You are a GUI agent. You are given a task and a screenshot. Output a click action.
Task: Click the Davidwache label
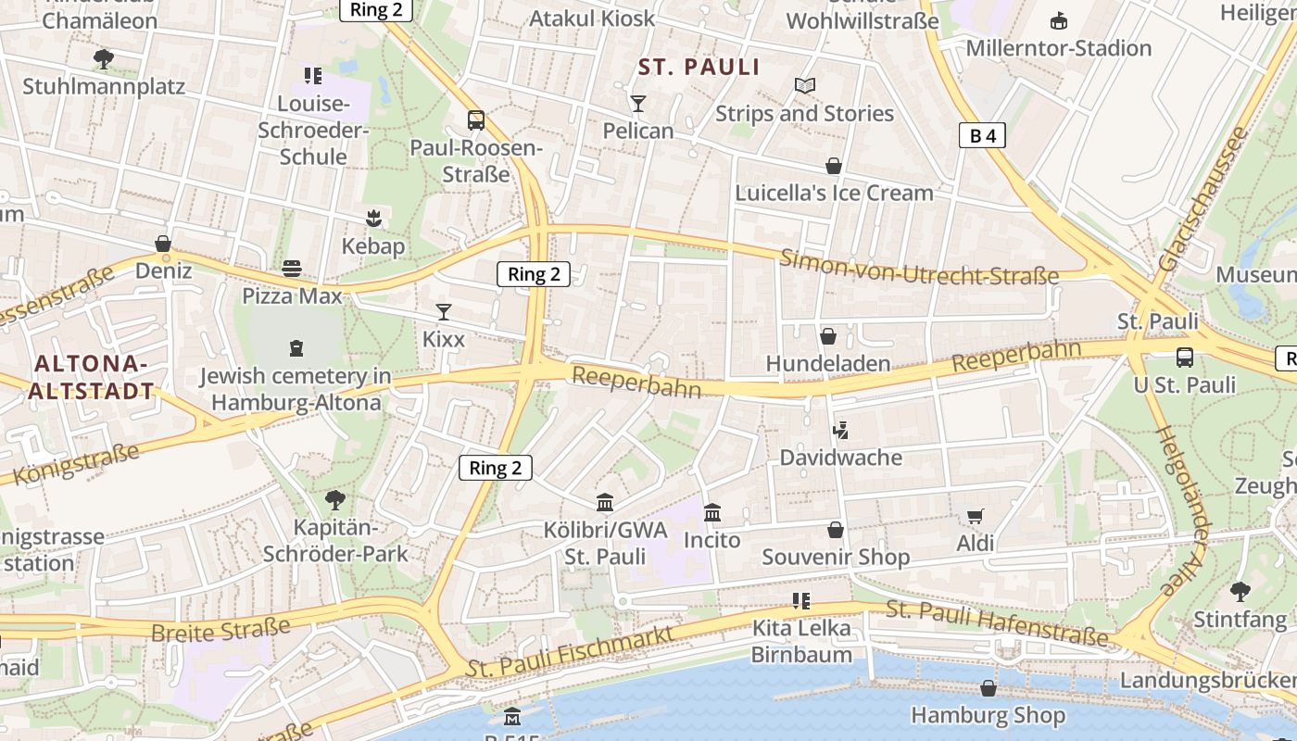(840, 458)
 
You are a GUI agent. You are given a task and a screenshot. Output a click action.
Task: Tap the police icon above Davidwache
(840, 430)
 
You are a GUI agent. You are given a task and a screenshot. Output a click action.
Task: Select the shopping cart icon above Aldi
(975, 516)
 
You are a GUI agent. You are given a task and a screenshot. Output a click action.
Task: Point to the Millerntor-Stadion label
(1058, 48)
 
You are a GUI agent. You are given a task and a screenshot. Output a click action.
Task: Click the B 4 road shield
(981, 136)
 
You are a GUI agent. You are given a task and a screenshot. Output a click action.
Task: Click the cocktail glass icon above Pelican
(637, 103)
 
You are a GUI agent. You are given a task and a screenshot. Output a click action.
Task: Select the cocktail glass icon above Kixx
(444, 312)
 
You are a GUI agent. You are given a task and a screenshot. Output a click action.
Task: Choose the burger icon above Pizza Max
(292, 269)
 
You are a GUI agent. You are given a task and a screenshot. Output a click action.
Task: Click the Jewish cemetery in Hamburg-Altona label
(296, 389)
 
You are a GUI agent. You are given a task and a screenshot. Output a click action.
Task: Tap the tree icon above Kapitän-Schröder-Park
(335, 500)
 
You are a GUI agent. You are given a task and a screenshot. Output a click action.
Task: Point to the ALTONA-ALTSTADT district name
(91, 377)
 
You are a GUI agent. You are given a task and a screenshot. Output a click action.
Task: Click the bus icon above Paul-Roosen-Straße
(475, 120)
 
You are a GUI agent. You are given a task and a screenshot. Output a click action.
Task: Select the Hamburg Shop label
(988, 715)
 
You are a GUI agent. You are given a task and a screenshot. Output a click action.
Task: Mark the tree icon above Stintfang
(1240, 591)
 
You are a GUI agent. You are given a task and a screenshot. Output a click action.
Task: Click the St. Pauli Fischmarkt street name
(570, 651)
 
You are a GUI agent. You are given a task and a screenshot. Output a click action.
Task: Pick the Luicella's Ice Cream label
(834, 193)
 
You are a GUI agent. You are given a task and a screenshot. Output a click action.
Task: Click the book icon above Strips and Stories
(805, 86)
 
